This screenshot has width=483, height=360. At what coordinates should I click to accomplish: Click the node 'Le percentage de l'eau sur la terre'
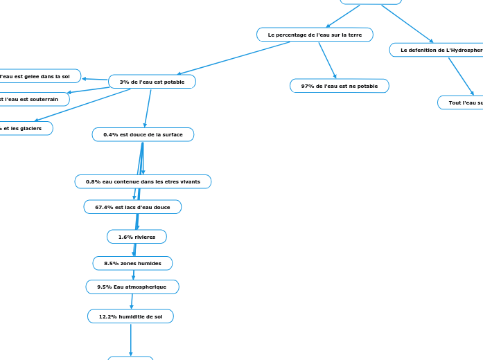click(315, 35)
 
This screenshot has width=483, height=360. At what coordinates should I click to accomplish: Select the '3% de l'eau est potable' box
click(152, 82)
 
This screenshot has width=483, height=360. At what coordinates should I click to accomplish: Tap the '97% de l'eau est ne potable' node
click(340, 86)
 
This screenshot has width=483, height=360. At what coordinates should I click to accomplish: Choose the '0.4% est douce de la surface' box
click(143, 134)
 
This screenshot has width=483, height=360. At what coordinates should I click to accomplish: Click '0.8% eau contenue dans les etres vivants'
click(143, 181)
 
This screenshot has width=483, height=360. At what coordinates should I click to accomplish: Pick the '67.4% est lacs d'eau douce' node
click(132, 207)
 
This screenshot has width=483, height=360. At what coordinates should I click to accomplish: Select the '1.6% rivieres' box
click(137, 237)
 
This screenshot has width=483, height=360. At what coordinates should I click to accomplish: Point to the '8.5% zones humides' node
click(132, 263)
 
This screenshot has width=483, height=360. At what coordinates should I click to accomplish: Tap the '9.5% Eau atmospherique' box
click(132, 287)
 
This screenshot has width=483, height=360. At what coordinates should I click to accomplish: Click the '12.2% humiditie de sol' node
click(130, 316)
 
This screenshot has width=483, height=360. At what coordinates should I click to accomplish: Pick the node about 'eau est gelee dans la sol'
click(38, 76)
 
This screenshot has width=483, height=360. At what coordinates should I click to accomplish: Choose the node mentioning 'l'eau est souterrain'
click(31, 99)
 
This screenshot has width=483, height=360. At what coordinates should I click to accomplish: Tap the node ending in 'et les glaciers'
click(24, 128)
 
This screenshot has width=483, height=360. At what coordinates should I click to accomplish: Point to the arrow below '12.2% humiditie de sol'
click(130, 339)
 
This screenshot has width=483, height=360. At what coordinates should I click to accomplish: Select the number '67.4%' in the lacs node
click(105, 207)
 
